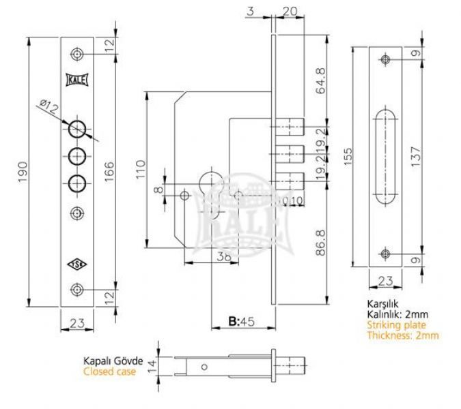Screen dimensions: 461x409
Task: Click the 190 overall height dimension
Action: [x=23, y=172]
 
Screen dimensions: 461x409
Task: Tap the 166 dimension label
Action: [x=109, y=172]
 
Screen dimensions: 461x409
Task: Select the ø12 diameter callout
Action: [x=49, y=107]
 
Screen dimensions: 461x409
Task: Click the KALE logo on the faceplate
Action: [x=77, y=80]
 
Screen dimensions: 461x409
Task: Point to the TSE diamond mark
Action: [x=77, y=264]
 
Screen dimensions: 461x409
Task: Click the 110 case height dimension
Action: [x=141, y=169]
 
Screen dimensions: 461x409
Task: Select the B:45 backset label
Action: [x=241, y=322]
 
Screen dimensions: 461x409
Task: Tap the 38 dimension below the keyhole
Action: [x=224, y=257]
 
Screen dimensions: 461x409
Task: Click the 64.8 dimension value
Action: [x=320, y=80]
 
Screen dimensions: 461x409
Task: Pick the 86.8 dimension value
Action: [x=320, y=243]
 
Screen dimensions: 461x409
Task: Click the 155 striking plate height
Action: [x=348, y=157]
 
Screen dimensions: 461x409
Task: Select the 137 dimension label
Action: [x=417, y=157]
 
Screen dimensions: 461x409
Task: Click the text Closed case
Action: [x=110, y=372]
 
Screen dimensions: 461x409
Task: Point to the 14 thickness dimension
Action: [x=152, y=367]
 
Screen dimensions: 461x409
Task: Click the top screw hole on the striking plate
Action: [x=385, y=59]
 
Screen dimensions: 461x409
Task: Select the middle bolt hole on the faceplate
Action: [x=77, y=156]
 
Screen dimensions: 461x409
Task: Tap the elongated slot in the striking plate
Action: [x=385, y=157]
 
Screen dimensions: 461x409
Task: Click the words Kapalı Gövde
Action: [x=113, y=361]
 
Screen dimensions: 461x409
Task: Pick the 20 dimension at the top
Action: [x=290, y=11]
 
